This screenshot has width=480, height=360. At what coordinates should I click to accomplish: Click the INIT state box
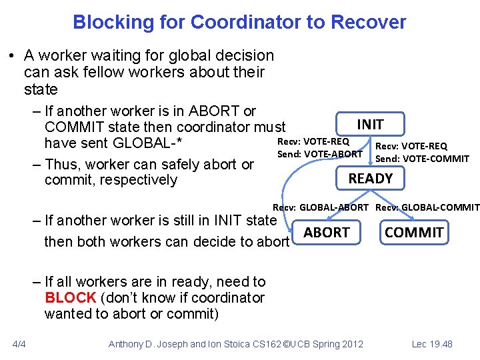click(x=370, y=124)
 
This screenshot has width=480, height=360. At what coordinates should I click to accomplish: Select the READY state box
click(x=371, y=178)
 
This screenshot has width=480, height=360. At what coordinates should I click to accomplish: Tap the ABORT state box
click(x=326, y=232)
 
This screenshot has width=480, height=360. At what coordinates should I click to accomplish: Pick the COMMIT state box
click(x=414, y=232)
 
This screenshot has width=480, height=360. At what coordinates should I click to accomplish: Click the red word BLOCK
click(x=71, y=297)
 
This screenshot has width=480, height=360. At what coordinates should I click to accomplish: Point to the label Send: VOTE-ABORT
click(x=320, y=154)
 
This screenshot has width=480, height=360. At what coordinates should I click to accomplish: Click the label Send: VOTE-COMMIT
click(x=422, y=158)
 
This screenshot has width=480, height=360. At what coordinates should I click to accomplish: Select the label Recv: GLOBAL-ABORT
click(x=320, y=207)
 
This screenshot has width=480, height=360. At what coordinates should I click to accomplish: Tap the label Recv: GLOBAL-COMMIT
click(x=427, y=207)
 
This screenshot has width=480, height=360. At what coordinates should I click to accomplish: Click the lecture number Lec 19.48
click(x=432, y=344)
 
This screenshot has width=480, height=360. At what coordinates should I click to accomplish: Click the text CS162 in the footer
click(x=265, y=344)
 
